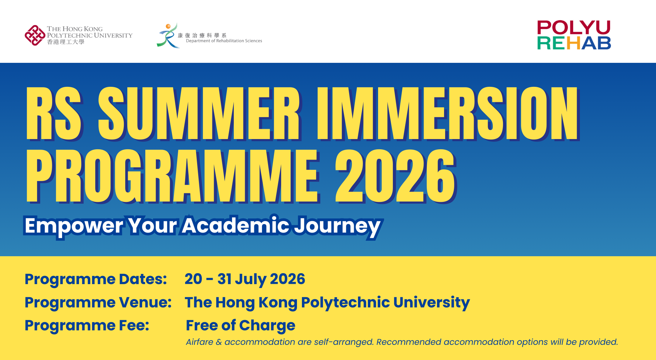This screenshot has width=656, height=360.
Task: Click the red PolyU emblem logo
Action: pyautogui.click(x=35, y=35)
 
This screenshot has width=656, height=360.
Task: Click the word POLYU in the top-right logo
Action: pyautogui.click(x=573, y=28)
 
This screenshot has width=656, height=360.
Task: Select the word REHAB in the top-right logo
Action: pyautogui.click(x=574, y=43)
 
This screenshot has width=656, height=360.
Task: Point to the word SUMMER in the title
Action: pyautogui.click(x=199, y=114)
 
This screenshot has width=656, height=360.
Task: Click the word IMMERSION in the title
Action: pyautogui.click(x=447, y=114)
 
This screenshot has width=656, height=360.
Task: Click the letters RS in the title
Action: pyautogui.click(x=54, y=114)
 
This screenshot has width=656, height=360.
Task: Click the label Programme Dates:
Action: pyautogui.click(x=96, y=279)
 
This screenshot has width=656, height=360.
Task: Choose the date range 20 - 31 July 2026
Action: pyautogui.click(x=245, y=279)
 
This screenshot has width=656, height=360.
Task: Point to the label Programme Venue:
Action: pyautogui.click(x=98, y=302)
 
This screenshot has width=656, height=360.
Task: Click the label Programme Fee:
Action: pyautogui.click(x=87, y=325)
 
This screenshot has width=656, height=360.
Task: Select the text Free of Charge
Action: pyautogui.click(x=241, y=325)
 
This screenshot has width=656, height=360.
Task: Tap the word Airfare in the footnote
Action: pyautogui.click(x=200, y=342)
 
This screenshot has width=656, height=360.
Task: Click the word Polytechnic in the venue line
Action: pyautogui.click(x=345, y=302)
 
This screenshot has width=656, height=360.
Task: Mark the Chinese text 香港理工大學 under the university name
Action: pyautogui.click(x=66, y=42)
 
